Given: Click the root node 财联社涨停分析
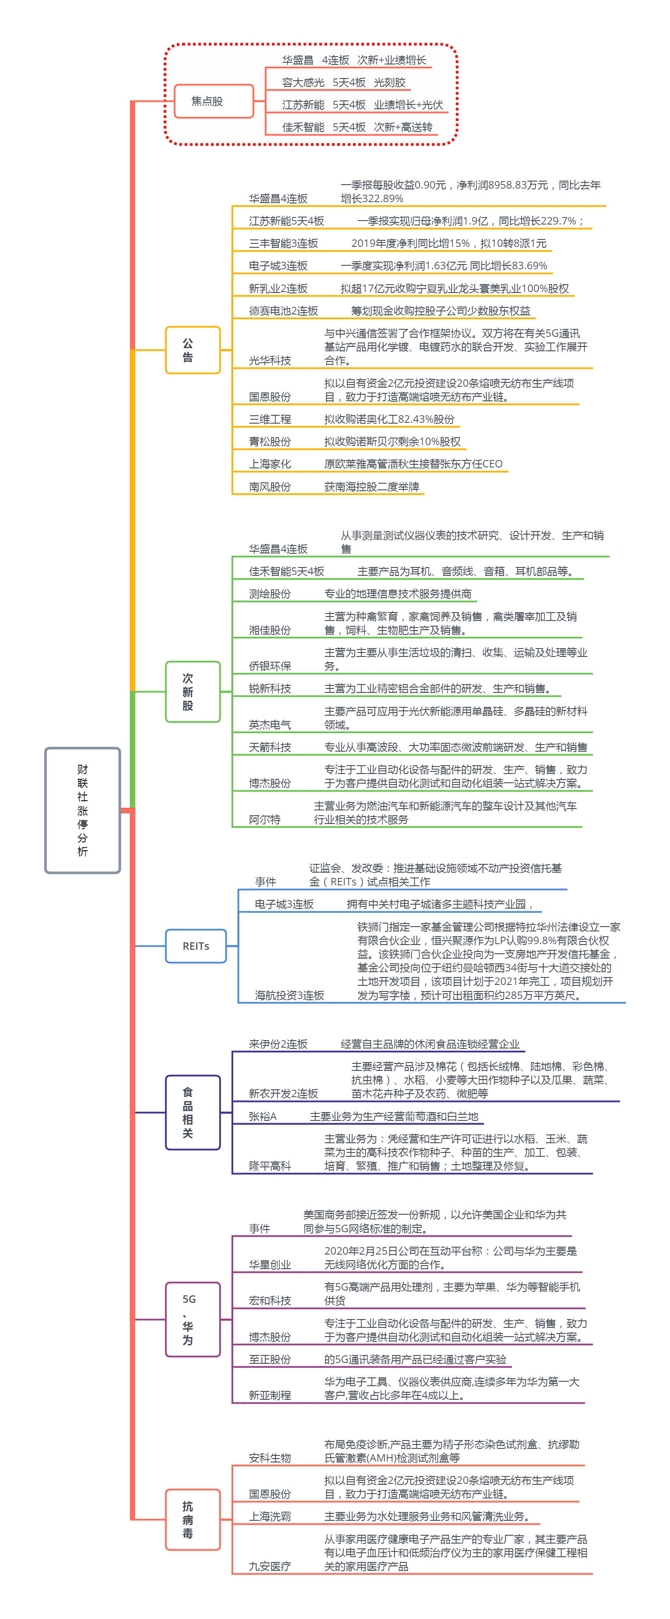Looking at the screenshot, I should pos(82,810).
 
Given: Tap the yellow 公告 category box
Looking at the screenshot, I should pos(192,350).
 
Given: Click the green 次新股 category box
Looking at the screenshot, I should pos(192,692).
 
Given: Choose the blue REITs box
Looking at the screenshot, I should pos(196,946).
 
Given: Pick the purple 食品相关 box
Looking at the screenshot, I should pos(192,1113).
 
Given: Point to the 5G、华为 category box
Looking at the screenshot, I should pos(192,1319).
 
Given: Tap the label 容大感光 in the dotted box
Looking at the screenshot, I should pos(303,82).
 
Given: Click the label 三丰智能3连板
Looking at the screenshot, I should pos(283,243).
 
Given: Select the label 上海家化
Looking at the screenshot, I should pos(270,464).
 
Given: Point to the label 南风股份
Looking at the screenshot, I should pos(270,486).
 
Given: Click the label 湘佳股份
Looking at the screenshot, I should pos(270,630).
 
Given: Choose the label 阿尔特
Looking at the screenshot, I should pos(264,820).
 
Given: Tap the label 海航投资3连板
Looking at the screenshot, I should pos(289,995).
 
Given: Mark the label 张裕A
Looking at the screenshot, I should pos(262,1116).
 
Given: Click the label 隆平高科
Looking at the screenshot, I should pos(270,1166).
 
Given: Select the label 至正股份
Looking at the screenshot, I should pos(270,1359).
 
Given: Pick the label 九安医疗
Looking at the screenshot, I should pos(270,1566).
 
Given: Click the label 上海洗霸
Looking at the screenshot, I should pos(270,1516).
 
